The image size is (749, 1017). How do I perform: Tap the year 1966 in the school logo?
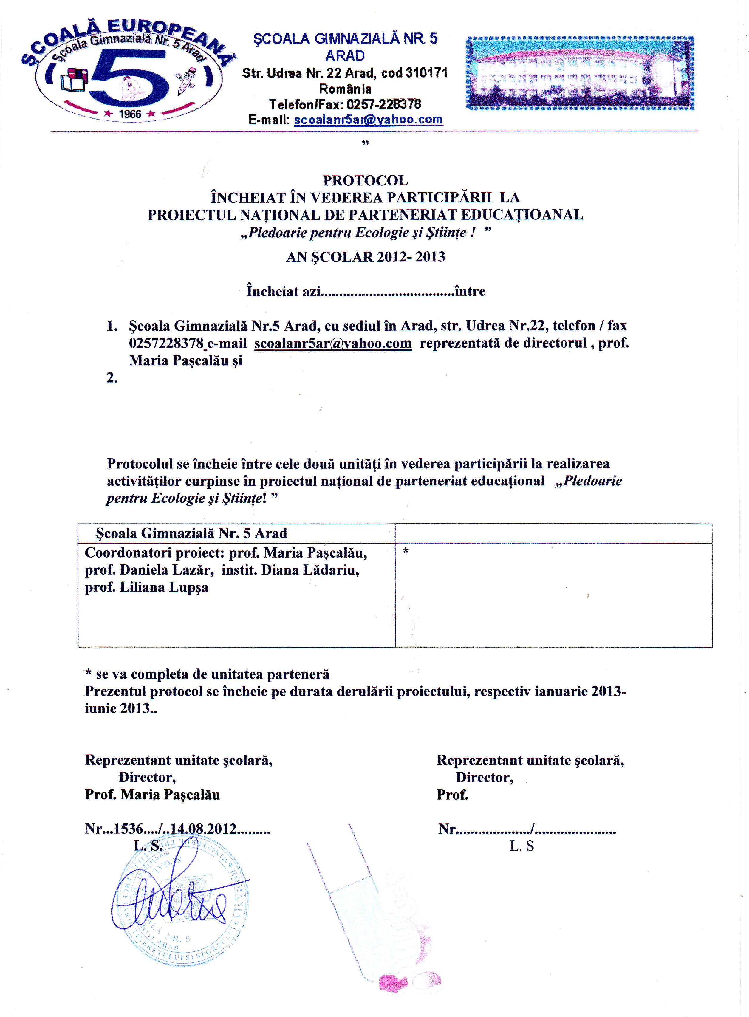click(130, 114)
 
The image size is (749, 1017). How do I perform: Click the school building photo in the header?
click(580, 73)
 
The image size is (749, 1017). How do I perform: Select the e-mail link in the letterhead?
click(368, 120)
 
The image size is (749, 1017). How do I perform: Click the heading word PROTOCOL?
click(366, 180)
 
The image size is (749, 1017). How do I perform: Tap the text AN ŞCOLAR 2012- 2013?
click(366, 257)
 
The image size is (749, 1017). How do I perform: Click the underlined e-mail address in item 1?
click(333, 343)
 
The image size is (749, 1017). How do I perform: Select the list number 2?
click(112, 378)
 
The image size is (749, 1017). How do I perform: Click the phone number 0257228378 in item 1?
click(166, 343)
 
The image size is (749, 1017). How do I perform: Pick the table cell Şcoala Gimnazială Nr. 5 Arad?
click(191, 533)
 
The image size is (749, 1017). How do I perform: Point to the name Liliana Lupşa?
click(164, 587)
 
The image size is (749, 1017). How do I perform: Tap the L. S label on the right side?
click(522, 846)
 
